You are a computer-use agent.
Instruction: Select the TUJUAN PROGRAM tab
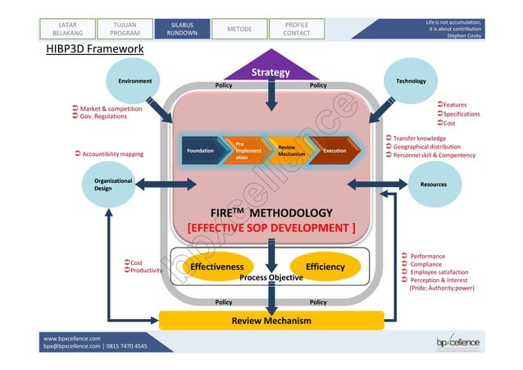120,29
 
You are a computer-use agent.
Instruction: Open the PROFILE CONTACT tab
296,29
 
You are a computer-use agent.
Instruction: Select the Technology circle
410,82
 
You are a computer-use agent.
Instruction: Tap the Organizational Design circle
109,184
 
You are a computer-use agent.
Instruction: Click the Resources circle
433,185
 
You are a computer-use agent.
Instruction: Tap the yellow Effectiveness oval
216,267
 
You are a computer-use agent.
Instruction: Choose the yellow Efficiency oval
325,267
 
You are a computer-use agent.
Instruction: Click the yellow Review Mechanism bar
271,320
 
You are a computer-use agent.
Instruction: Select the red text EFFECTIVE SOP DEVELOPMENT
271,227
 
